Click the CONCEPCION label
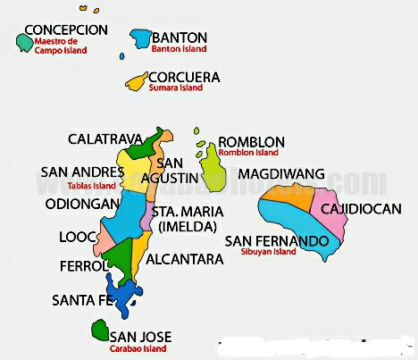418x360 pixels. [x=66, y=29]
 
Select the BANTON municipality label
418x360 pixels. [x=180, y=38]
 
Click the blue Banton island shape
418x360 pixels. [x=140, y=38]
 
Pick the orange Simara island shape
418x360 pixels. [x=137, y=82]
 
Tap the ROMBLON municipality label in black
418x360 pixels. [x=251, y=142]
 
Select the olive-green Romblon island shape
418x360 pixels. [x=212, y=167]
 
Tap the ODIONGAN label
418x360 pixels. [x=82, y=204]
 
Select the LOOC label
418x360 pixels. [x=75, y=238]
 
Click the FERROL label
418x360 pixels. [x=82, y=266]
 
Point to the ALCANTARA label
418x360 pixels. [x=185, y=259]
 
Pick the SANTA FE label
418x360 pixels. [x=81, y=299]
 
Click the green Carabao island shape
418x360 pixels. [x=99, y=331]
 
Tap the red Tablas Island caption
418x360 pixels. [x=92, y=186]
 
